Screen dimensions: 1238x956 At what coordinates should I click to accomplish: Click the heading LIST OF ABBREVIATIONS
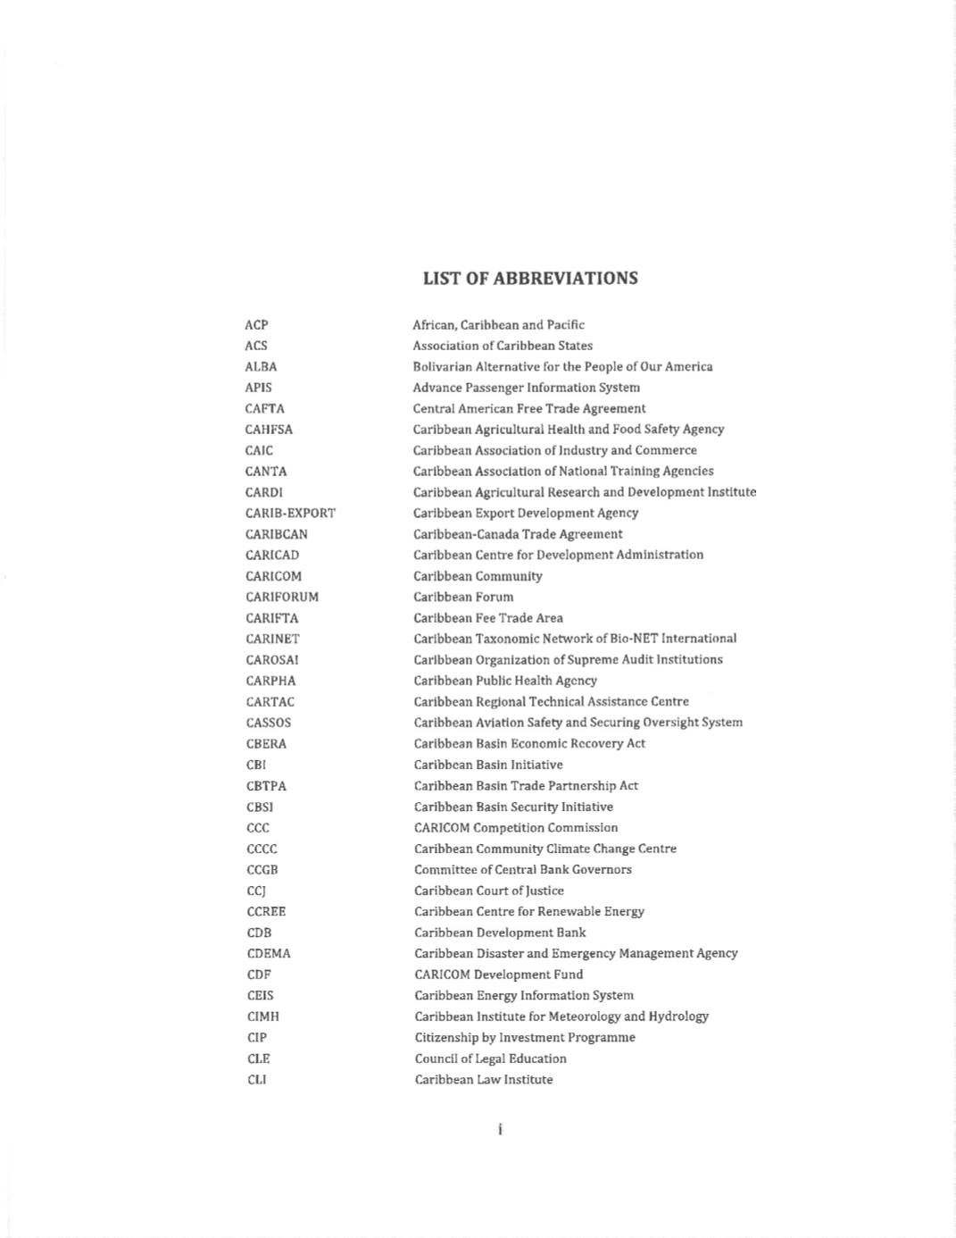[x=530, y=278]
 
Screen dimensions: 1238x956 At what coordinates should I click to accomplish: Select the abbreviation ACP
[x=256, y=325]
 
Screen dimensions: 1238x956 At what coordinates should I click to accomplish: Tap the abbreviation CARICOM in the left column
[x=273, y=576]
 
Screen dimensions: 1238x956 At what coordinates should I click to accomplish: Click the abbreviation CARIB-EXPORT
[x=290, y=514]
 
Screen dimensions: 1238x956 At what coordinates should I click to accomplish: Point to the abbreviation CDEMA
[x=269, y=954]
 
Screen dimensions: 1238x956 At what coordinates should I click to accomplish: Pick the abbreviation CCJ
[x=256, y=891]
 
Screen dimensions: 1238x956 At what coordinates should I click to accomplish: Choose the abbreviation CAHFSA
[x=269, y=430]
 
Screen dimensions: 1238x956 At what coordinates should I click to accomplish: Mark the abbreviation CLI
[x=257, y=1080]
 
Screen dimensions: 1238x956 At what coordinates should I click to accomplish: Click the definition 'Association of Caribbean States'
[x=503, y=346]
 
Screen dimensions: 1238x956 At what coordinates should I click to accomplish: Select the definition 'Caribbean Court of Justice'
[x=489, y=891]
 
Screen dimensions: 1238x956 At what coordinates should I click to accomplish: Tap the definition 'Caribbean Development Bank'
[x=500, y=933]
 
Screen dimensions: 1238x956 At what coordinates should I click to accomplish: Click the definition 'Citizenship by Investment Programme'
[x=525, y=1038]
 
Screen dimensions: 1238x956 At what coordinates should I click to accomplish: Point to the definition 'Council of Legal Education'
[x=490, y=1058]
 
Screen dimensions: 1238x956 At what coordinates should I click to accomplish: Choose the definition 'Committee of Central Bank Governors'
[x=523, y=870]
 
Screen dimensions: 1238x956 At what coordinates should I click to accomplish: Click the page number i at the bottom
[x=500, y=1130]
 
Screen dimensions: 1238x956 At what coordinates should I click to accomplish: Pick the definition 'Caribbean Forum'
[x=463, y=597]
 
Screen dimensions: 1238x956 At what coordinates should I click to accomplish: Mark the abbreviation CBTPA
[x=266, y=786]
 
